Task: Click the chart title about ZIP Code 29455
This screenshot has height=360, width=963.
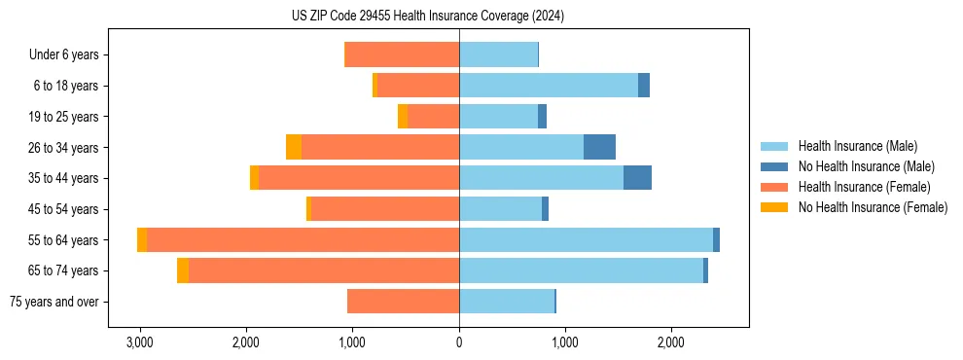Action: point(428,17)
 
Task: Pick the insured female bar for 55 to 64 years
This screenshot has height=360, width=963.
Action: point(303,240)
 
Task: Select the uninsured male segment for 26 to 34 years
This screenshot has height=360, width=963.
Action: point(599,147)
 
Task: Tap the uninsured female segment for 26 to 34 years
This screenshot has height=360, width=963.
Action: point(294,147)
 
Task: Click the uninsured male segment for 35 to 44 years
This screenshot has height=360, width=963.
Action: point(637,178)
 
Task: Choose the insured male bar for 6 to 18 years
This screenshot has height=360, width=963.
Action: point(549,86)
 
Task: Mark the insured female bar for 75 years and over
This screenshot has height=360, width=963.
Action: point(403,302)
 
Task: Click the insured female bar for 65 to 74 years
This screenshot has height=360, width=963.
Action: point(324,270)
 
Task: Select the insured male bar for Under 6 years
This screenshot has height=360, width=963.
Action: point(498,54)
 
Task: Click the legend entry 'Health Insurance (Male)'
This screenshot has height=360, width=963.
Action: point(857,146)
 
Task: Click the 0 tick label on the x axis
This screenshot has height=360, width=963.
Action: point(459,343)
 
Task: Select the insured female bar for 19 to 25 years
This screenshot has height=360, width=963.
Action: point(434,117)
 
